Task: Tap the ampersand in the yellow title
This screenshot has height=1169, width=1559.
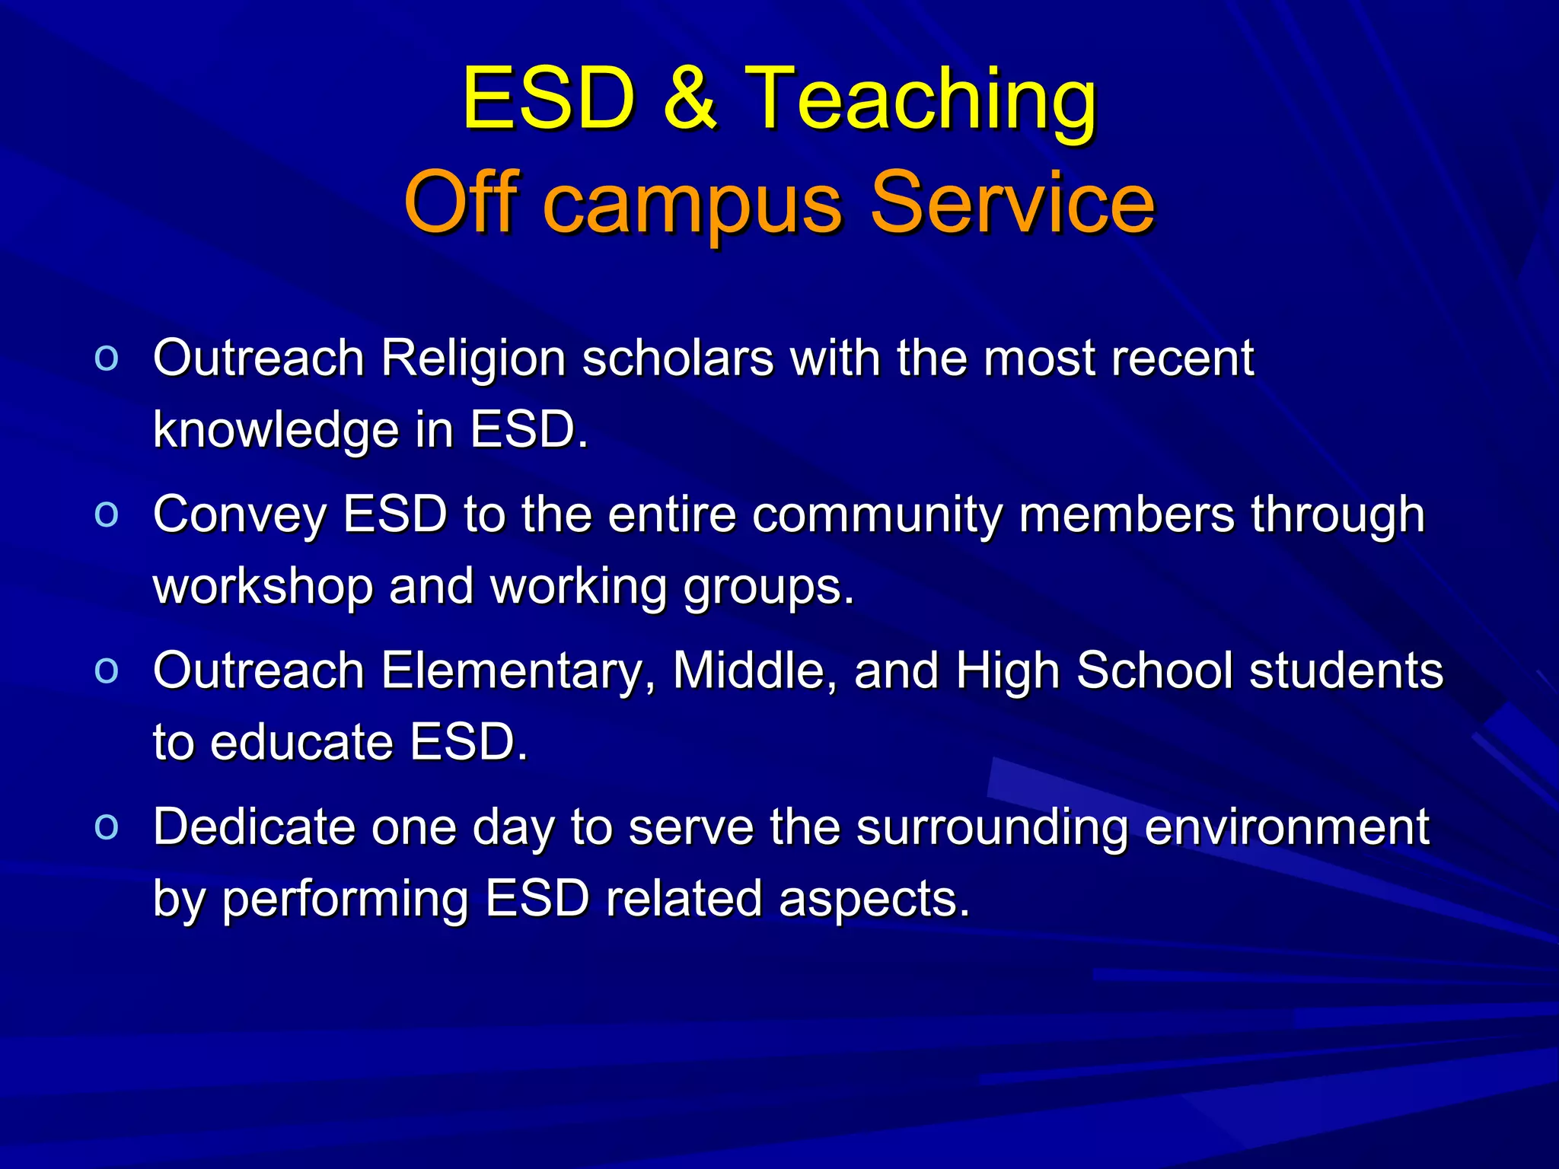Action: click(x=690, y=99)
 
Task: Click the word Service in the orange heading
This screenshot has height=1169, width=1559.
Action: click(x=1012, y=202)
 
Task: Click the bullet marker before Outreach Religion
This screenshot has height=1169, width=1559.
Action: click(x=107, y=358)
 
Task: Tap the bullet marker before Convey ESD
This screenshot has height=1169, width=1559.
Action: click(x=107, y=515)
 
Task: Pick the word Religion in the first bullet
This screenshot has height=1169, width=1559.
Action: click(x=473, y=358)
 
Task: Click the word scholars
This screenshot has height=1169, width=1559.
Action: click(x=677, y=358)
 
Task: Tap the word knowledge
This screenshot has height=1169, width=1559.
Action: click(x=276, y=430)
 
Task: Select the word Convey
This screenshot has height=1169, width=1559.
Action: click(x=239, y=515)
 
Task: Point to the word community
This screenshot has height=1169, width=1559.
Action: click(x=877, y=515)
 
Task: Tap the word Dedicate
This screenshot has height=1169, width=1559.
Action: click(x=253, y=827)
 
